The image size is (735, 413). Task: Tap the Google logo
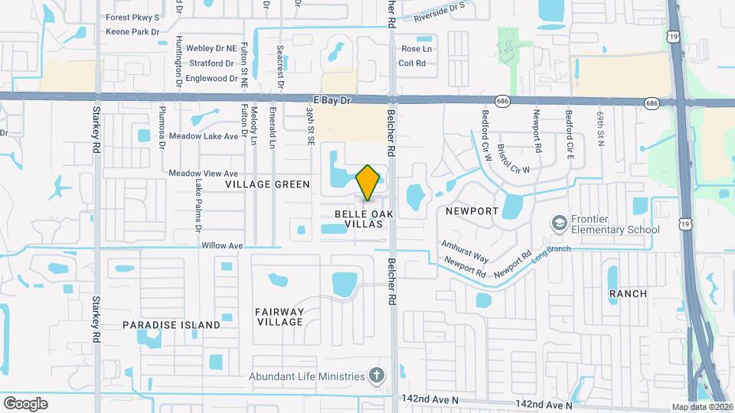point(25,403)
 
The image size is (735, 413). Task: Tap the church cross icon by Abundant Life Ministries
point(375,376)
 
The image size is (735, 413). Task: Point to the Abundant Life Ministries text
point(306,376)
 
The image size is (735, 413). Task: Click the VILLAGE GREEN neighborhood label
point(267,184)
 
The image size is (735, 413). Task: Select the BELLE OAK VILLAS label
point(358,219)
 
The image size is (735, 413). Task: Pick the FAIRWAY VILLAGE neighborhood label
point(279,317)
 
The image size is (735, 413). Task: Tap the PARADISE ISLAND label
point(171,325)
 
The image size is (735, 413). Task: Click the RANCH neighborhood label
point(628,294)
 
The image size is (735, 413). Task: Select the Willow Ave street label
point(221,246)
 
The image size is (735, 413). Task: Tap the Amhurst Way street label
point(465,252)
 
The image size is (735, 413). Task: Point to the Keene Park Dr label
point(132,32)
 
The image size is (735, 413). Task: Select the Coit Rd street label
point(413,63)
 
